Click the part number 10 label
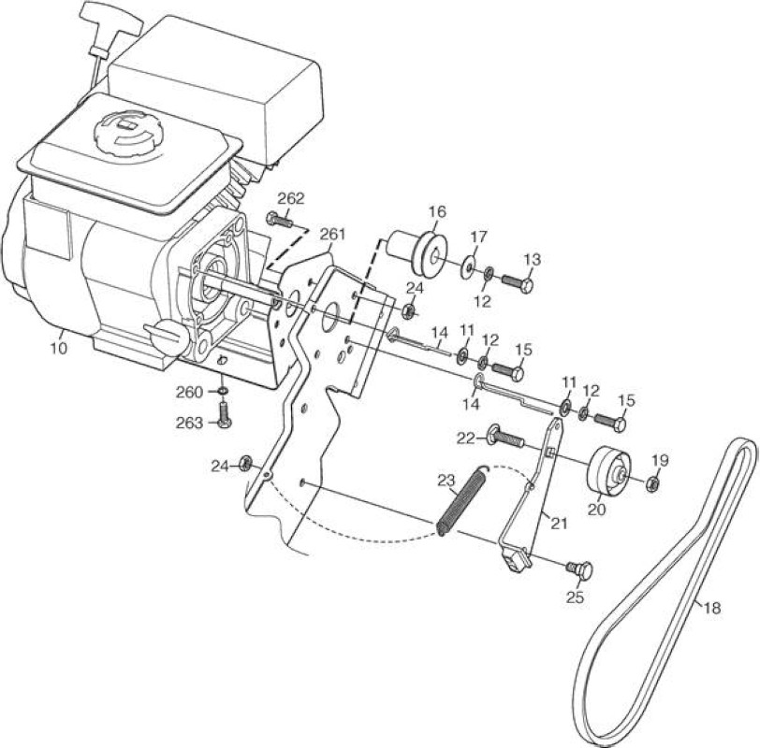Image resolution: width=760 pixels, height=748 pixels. pyautogui.click(x=58, y=348)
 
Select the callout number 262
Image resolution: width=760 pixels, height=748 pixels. pyautogui.click(x=291, y=199)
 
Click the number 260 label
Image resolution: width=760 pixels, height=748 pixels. pyautogui.click(x=189, y=392)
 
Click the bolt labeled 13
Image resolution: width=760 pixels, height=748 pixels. pyautogui.click(x=518, y=282)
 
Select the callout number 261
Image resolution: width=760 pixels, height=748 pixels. pyautogui.click(x=333, y=235)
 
